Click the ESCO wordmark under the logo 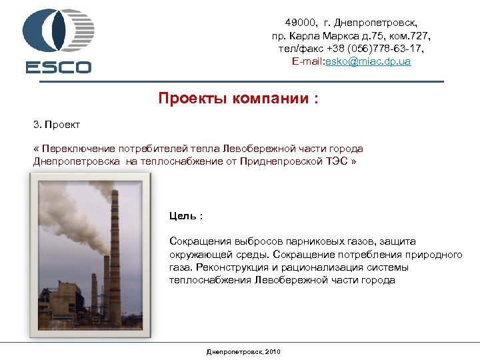pos(59,67)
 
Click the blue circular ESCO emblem pos(58,31)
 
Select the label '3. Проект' pos(57,125)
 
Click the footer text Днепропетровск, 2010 pos(244,351)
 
